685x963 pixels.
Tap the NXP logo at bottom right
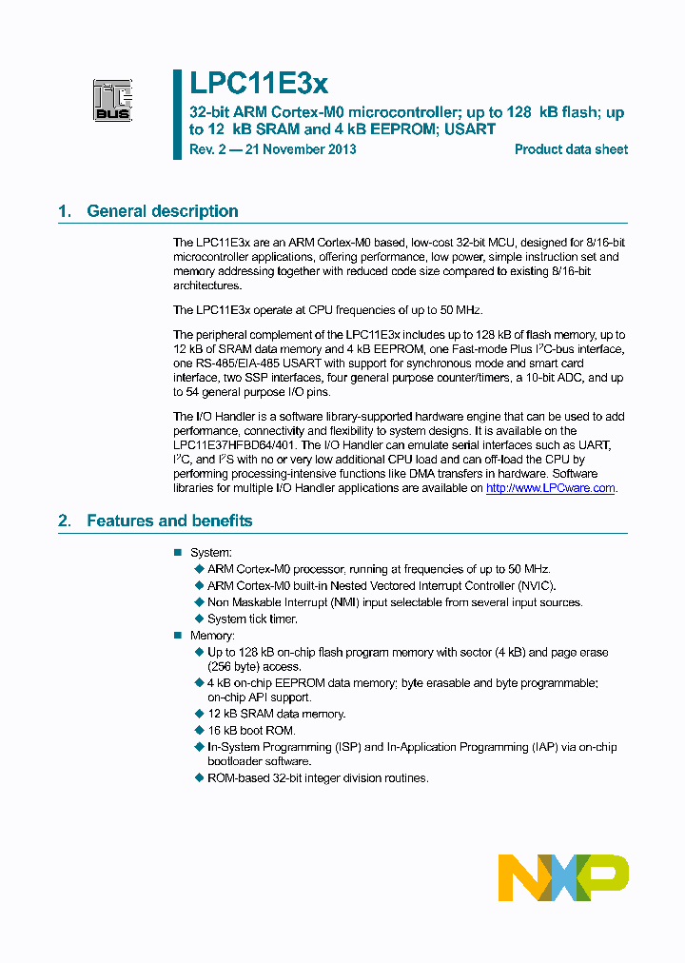(x=563, y=877)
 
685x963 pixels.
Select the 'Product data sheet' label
(x=571, y=149)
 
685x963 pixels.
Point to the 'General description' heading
(x=162, y=211)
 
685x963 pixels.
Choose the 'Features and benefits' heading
(x=169, y=521)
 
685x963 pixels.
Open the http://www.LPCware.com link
(x=551, y=488)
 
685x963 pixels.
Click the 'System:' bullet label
(x=210, y=553)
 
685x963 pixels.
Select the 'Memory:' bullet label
(x=211, y=636)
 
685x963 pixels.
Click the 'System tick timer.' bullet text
(x=252, y=619)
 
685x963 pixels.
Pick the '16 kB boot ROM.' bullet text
(x=251, y=730)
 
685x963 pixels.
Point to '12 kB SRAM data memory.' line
(x=276, y=714)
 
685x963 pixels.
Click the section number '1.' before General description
(x=65, y=211)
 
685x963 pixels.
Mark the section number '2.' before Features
(x=65, y=521)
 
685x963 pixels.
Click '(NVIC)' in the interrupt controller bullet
(x=536, y=586)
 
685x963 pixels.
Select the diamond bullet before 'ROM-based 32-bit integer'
(x=199, y=778)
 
